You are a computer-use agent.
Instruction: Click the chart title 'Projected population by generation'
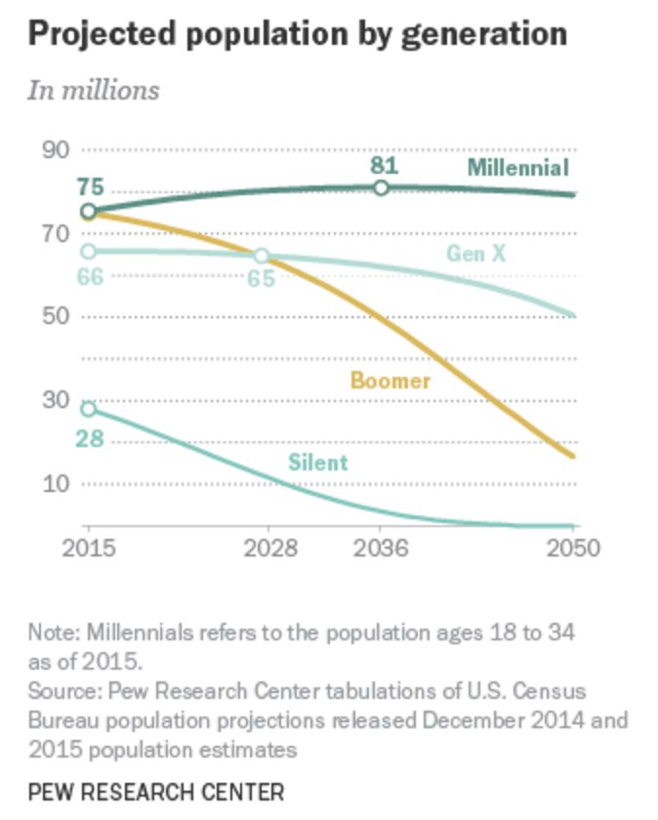coord(297,33)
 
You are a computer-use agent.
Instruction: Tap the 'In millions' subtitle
coord(93,91)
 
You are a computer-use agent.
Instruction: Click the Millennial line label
coord(516,167)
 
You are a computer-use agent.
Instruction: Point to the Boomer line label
coord(390,381)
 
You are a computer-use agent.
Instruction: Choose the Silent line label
coord(317,462)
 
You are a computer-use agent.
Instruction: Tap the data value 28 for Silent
coord(90,440)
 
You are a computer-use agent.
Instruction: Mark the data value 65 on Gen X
coord(261,280)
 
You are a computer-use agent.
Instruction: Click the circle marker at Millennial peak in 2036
coord(382,187)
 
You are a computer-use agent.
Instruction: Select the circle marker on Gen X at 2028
coord(262,256)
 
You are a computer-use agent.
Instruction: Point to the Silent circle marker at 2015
coord(88,409)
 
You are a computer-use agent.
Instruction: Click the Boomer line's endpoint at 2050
coord(573,456)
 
